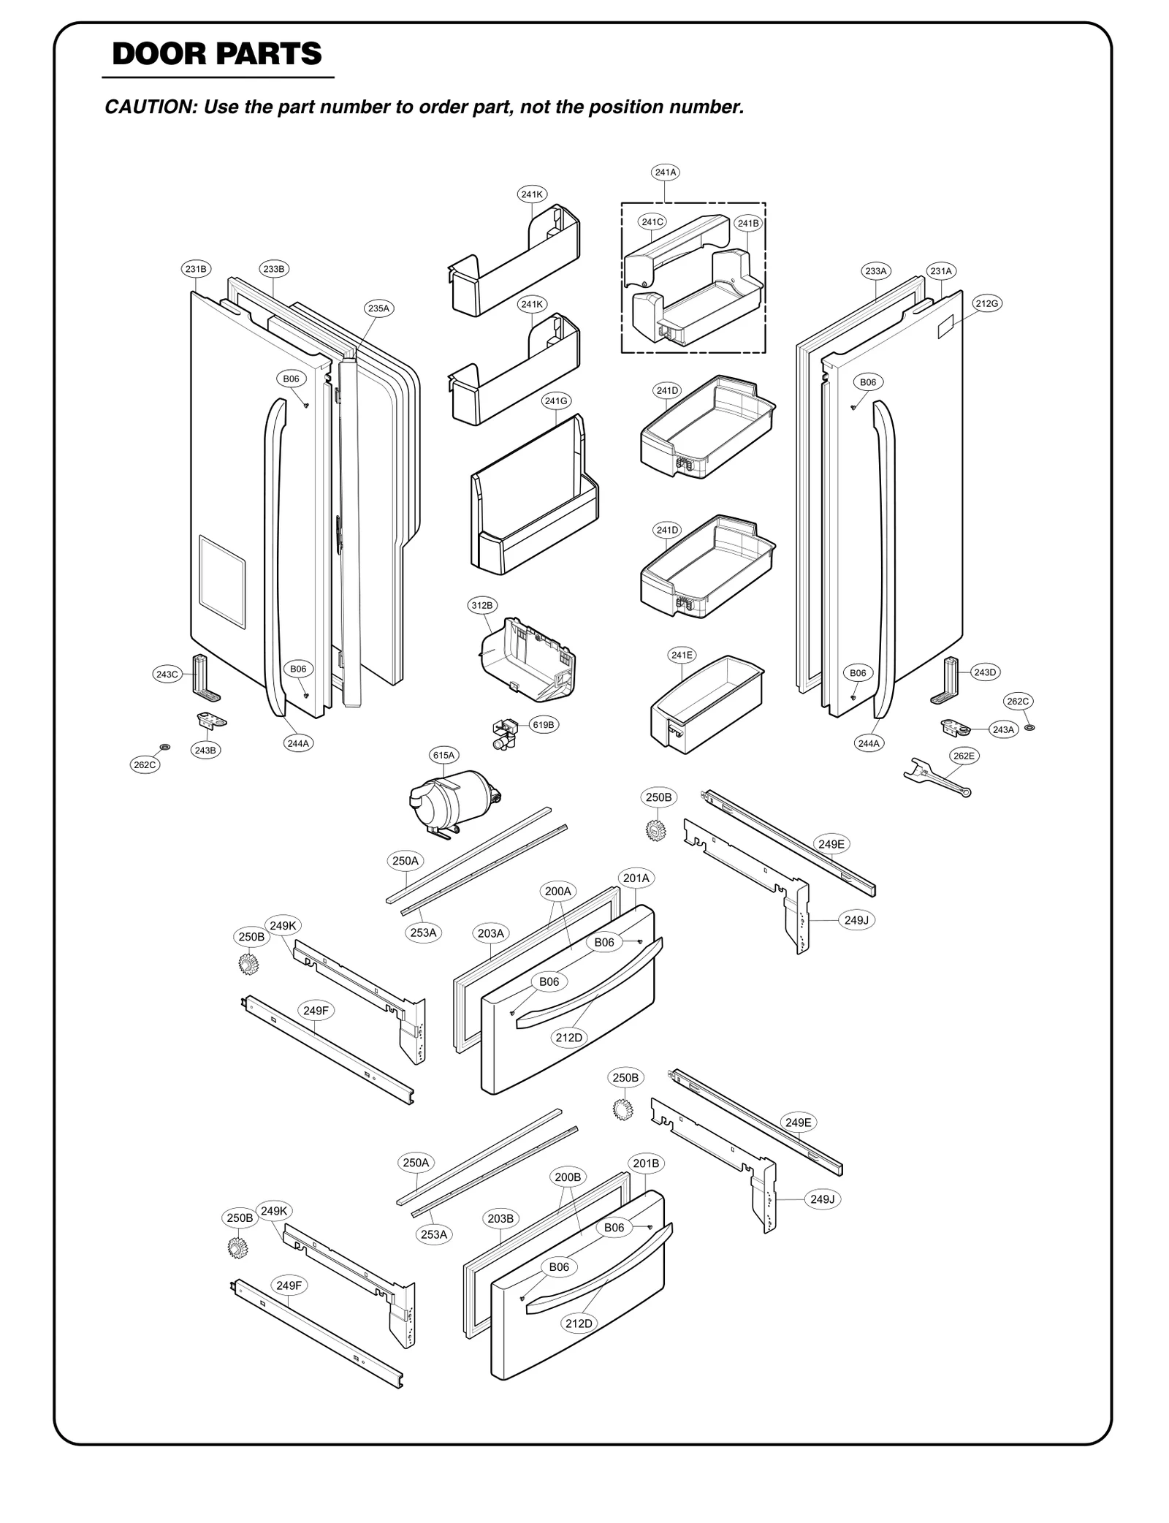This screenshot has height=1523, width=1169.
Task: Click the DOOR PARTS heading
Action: point(217,55)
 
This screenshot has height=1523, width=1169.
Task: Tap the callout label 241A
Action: point(665,172)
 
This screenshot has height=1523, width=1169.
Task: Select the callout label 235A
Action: point(378,308)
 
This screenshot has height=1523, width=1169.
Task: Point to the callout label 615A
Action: point(443,755)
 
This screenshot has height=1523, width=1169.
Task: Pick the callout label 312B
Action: point(481,605)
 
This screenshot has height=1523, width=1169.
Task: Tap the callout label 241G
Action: point(556,400)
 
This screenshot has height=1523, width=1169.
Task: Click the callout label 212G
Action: point(987,303)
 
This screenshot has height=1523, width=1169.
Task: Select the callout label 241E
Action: point(682,655)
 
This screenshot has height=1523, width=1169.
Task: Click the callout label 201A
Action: point(636,878)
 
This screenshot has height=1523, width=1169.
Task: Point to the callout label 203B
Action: point(500,1218)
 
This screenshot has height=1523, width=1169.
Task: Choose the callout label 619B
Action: point(544,725)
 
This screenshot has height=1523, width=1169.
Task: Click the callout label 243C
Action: point(167,674)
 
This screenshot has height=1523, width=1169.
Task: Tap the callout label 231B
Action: point(196,269)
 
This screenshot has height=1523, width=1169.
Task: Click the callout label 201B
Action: point(646,1163)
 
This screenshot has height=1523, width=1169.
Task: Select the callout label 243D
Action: point(985,672)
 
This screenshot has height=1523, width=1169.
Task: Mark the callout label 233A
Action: point(875,271)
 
